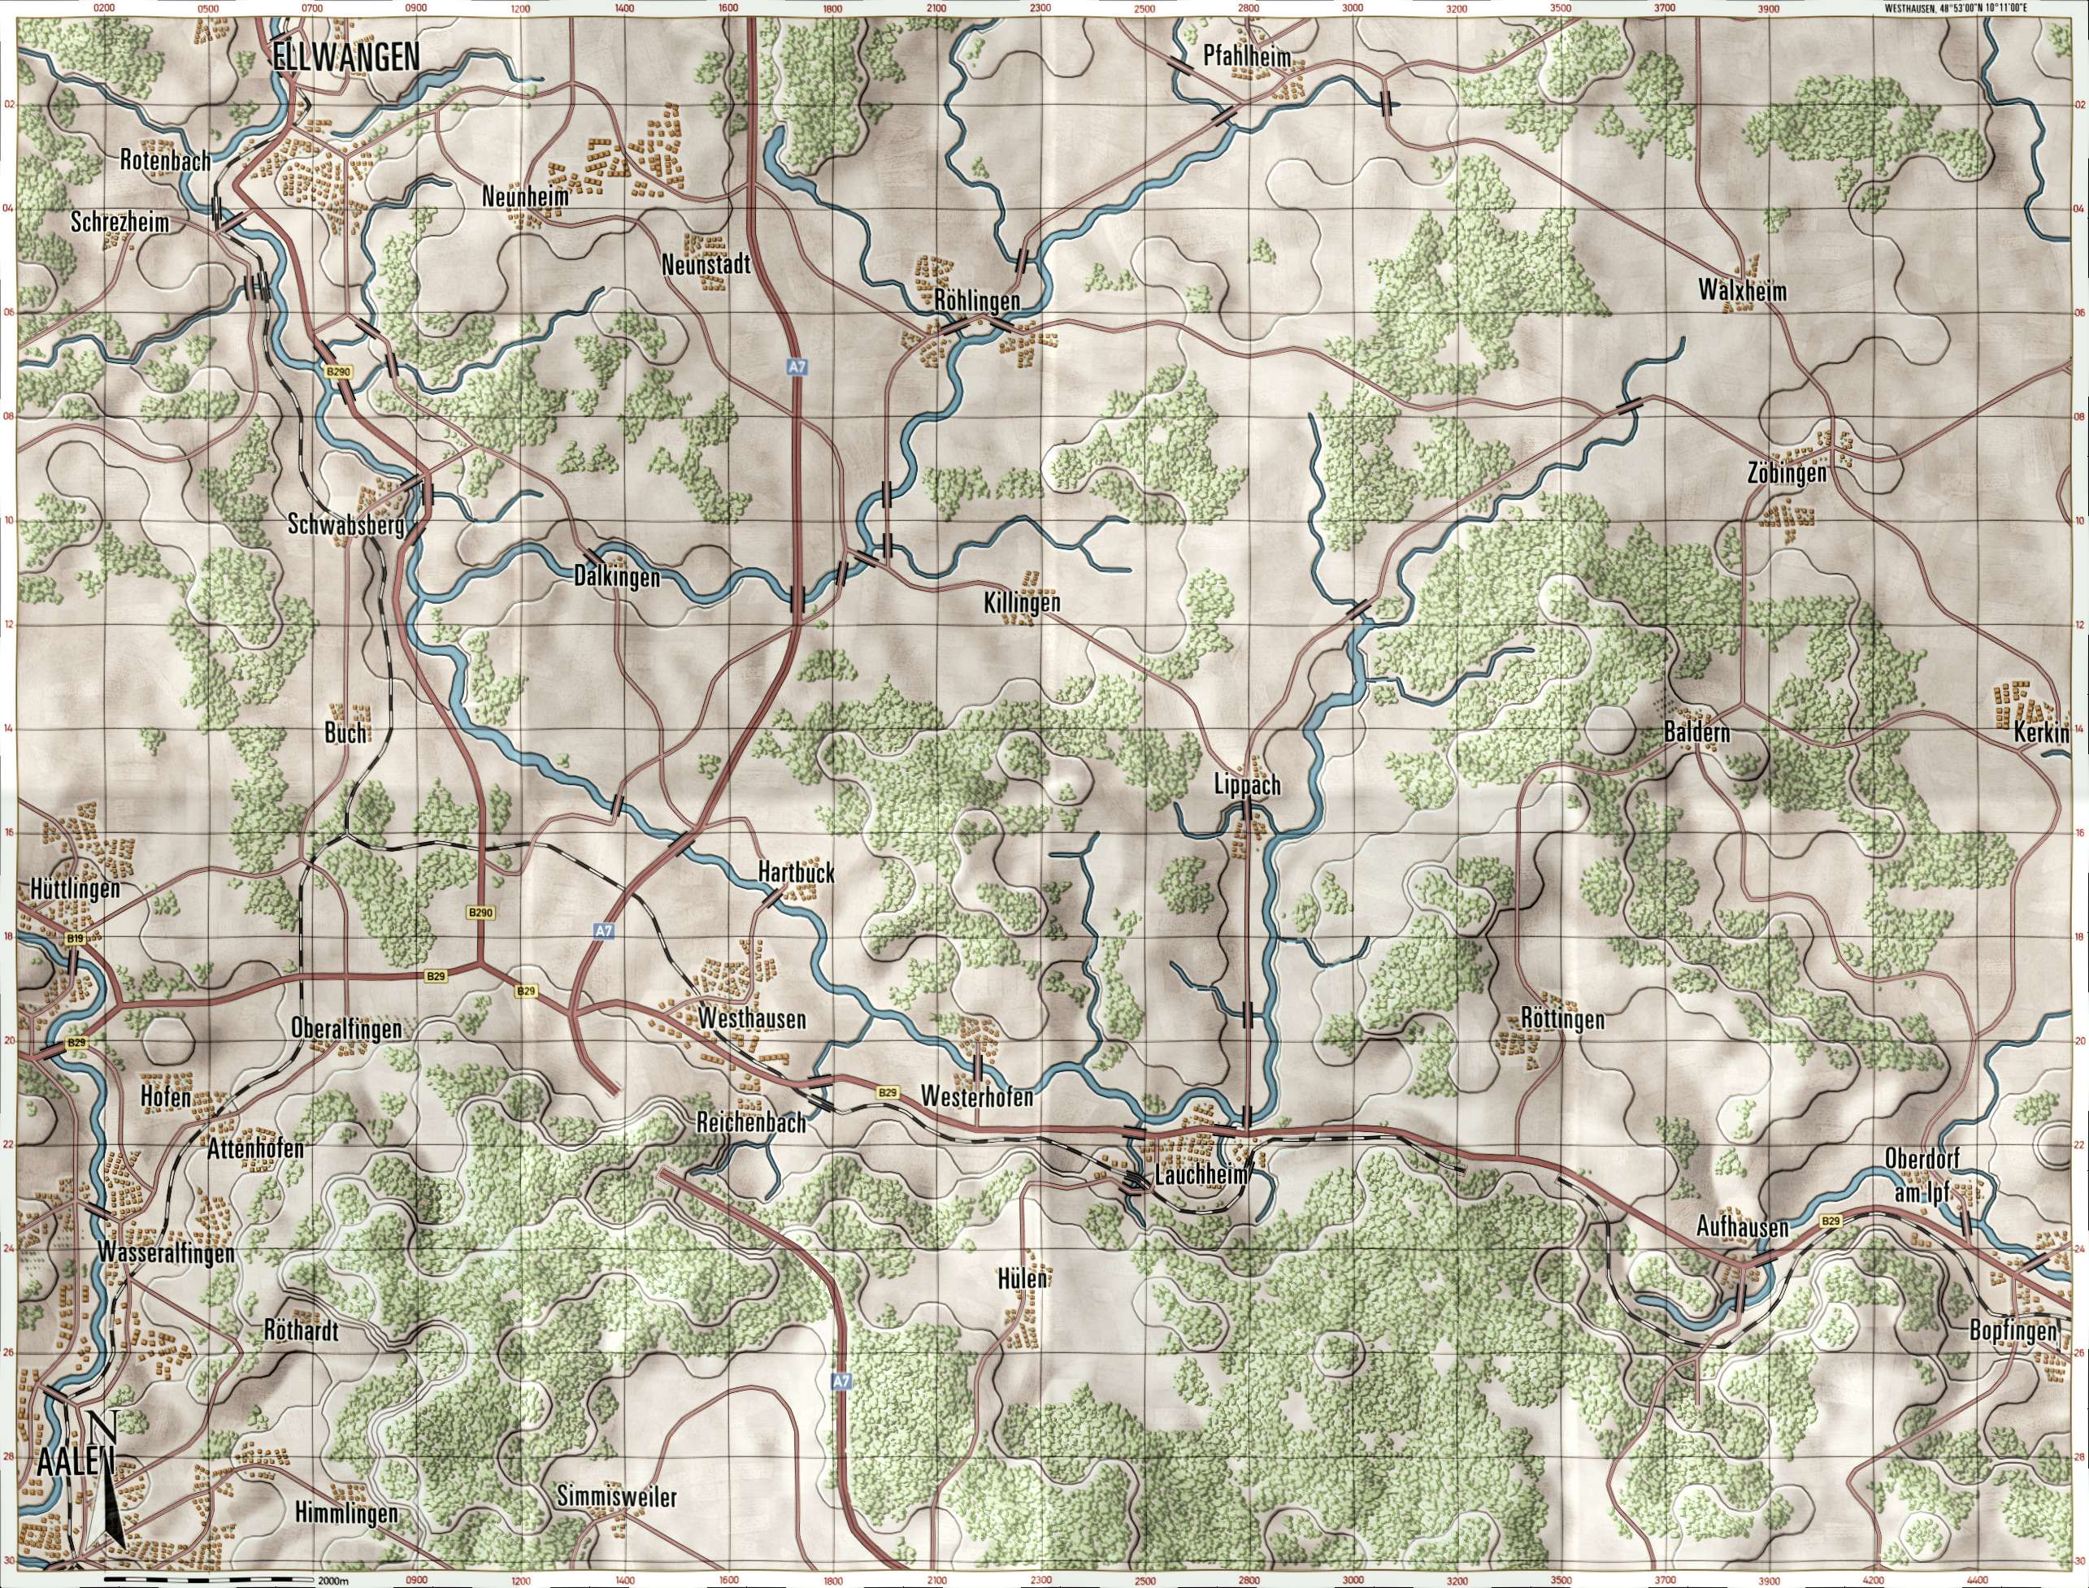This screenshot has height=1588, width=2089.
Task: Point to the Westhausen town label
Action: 753,1020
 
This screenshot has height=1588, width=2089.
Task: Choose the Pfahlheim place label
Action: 1247,58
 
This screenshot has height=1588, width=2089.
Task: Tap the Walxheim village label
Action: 1742,292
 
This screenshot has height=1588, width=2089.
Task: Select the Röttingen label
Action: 1562,1020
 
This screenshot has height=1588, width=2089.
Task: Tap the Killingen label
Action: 1021,603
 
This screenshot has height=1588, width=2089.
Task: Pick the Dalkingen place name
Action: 616,576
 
